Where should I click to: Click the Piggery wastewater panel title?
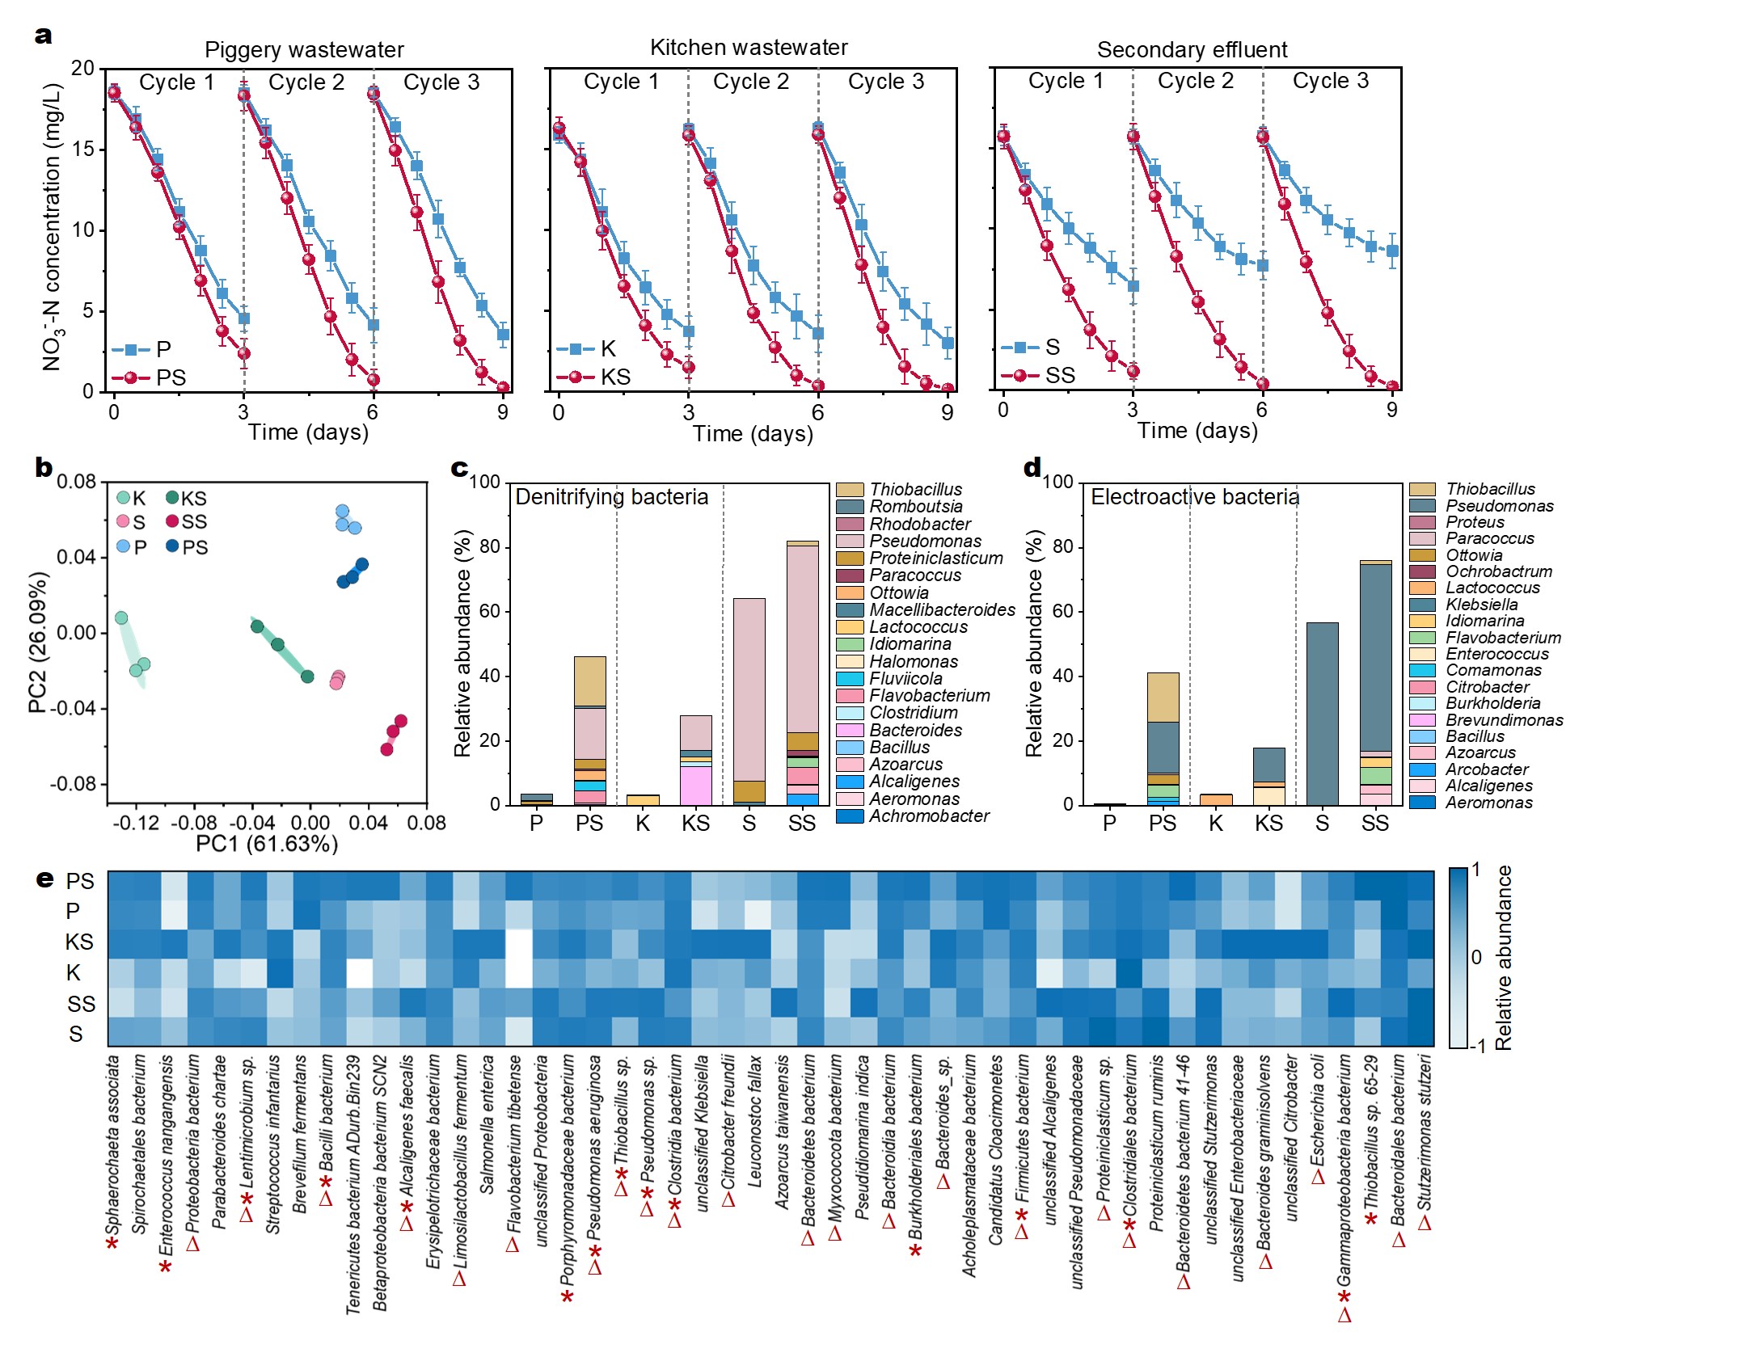point(304,50)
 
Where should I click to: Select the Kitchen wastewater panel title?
point(749,48)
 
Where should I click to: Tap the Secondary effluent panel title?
point(1192,50)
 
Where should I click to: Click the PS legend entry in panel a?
point(171,377)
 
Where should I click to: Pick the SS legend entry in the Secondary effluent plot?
point(1059,375)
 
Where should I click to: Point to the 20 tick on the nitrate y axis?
point(82,68)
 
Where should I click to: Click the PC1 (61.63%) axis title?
point(267,844)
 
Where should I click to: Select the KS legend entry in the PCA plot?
point(193,499)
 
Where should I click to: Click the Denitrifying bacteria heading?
point(611,497)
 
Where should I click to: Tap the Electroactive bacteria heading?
point(1194,497)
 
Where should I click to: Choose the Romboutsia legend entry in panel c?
point(915,507)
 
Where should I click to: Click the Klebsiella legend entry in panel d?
point(1481,605)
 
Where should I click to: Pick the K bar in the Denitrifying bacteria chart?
point(643,799)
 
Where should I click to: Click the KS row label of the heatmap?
point(79,942)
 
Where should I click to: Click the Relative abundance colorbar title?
point(1503,958)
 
